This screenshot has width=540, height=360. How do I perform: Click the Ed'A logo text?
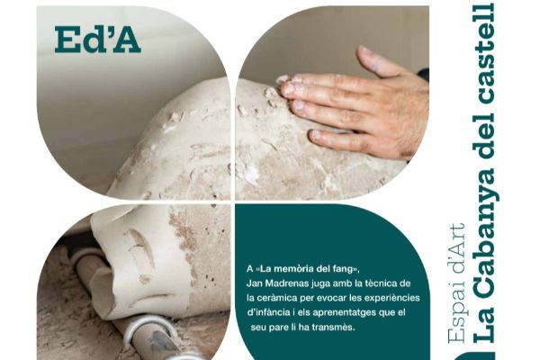[97, 39]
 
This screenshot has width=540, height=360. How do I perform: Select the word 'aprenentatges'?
[353, 313]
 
